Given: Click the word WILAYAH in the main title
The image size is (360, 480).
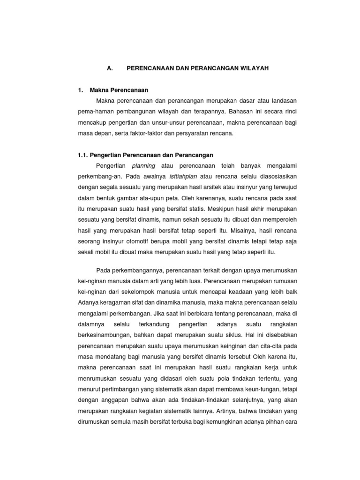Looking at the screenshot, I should coord(253,68).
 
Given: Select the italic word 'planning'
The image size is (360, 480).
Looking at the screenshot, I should coord(143,166).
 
